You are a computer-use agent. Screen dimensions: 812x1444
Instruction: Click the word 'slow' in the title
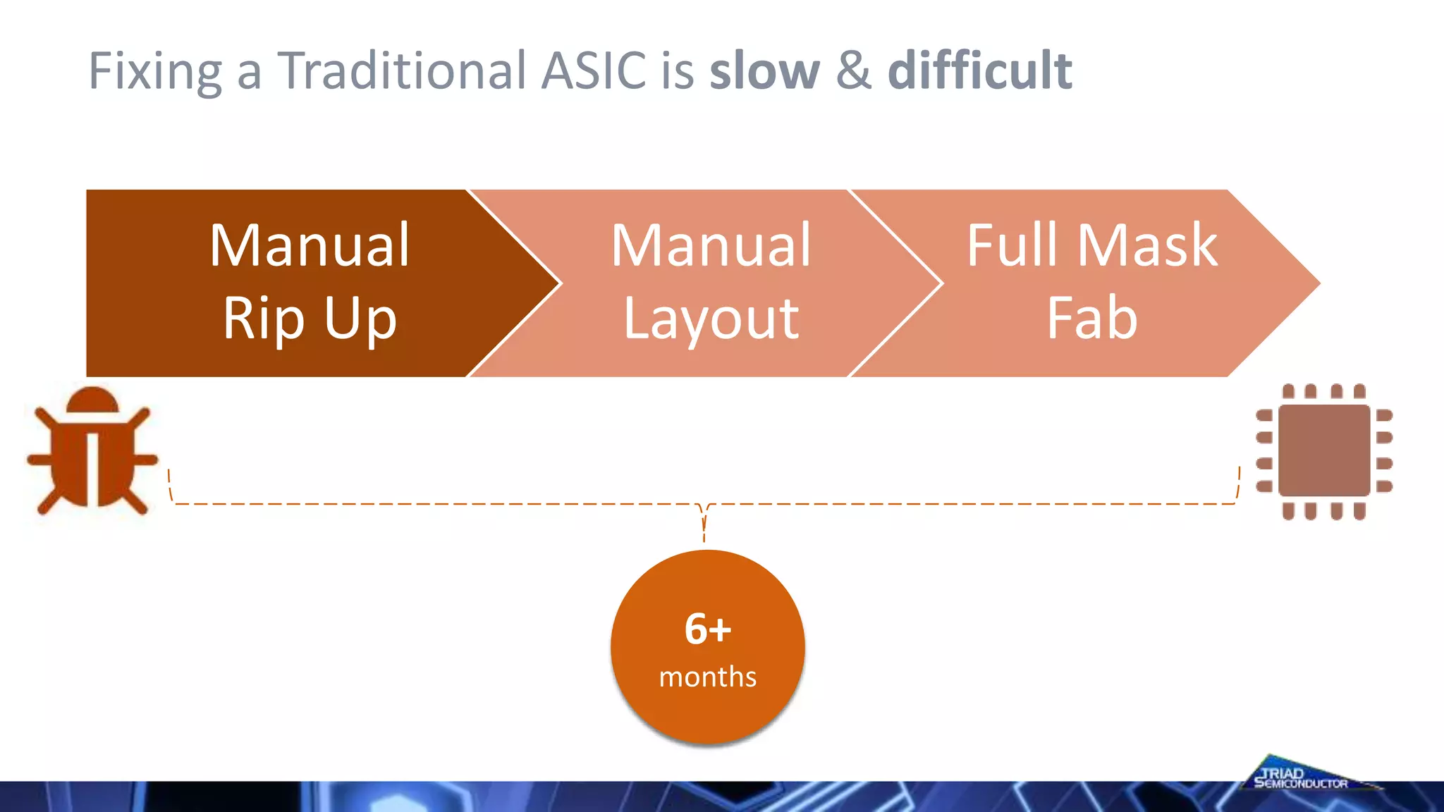tap(764, 70)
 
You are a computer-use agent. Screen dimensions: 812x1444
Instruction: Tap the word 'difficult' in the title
tap(979, 70)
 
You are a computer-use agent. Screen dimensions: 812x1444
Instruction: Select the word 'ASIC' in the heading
tap(593, 70)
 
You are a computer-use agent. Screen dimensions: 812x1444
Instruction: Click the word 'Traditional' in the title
tap(402, 70)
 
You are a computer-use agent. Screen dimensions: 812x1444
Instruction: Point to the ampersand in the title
tap(854, 70)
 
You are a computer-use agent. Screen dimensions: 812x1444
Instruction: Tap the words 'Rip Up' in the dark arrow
tap(310, 319)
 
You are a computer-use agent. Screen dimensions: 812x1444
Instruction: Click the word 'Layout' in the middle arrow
tap(711, 319)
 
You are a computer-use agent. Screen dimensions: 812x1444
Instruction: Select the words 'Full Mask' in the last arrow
tap(1091, 245)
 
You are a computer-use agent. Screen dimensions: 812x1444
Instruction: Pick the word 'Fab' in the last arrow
tap(1091, 319)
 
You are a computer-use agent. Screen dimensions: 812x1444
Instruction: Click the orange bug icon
tap(92, 451)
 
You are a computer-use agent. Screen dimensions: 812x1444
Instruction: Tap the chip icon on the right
tap(1323, 451)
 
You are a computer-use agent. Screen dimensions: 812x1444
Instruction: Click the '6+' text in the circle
tap(707, 629)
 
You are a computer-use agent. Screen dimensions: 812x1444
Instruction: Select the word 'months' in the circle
tap(707, 677)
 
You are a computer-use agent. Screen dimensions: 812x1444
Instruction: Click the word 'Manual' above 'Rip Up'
tap(310, 245)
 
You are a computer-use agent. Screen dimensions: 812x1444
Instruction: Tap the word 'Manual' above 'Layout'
tap(711, 245)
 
